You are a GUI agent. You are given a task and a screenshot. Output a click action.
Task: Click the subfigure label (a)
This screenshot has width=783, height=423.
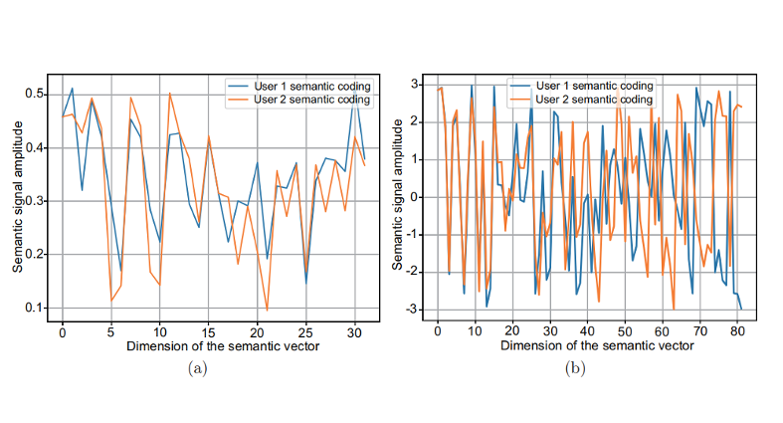[x=197, y=367]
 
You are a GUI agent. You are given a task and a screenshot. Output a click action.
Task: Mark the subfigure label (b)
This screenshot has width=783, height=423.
[x=575, y=367]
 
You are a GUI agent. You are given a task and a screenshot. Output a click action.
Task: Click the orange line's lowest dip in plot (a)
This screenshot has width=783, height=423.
[x=267, y=311]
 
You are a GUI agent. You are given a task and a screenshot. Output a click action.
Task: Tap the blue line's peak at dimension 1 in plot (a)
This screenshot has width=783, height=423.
[x=72, y=89]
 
